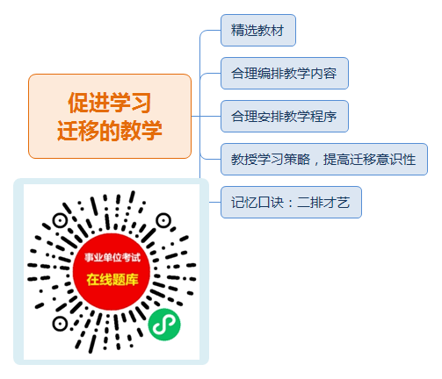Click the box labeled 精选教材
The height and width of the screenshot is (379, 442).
tap(258, 30)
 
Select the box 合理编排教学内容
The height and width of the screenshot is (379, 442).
tap(285, 73)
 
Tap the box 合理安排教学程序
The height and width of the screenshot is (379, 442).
tap(285, 116)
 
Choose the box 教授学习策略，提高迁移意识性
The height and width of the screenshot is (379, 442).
tap(324, 159)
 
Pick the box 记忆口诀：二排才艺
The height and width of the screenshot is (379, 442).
tap(291, 202)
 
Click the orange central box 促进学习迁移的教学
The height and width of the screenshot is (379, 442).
tap(110, 116)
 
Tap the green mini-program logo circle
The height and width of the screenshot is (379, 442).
tap(164, 325)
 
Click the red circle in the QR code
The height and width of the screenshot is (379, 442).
tap(112, 272)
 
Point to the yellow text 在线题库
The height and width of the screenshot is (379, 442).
tap(112, 280)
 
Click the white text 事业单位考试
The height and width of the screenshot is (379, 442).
tap(112, 257)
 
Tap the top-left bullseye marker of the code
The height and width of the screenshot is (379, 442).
tap(60, 220)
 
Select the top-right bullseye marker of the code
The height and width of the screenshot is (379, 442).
tap(163, 220)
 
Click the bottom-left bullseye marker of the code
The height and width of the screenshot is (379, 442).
tap(60, 324)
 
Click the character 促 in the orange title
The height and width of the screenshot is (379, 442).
tap(78, 103)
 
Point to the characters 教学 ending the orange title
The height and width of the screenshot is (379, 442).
tap(141, 130)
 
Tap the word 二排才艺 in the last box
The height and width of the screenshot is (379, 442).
tap(323, 203)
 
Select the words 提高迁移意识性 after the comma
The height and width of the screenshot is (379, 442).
tap(369, 160)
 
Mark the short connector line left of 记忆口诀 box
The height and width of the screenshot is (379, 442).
tap(215, 202)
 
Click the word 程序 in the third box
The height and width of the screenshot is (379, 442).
tap(323, 117)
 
